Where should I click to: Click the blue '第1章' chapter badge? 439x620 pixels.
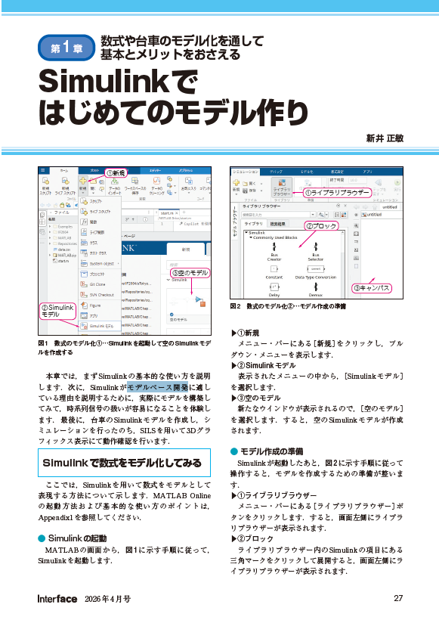(66, 48)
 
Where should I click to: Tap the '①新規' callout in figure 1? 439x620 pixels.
(116, 173)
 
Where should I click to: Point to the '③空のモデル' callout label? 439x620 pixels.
(189, 272)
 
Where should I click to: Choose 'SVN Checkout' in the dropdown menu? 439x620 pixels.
(101, 294)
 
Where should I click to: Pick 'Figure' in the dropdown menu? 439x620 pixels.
(95, 305)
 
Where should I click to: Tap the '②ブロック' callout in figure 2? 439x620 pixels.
(321, 225)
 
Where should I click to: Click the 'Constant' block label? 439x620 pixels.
(274, 277)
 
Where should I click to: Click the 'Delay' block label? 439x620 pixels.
(274, 295)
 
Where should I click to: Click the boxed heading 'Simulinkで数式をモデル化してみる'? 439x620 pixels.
(122, 461)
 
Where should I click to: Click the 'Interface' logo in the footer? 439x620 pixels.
(57, 599)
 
